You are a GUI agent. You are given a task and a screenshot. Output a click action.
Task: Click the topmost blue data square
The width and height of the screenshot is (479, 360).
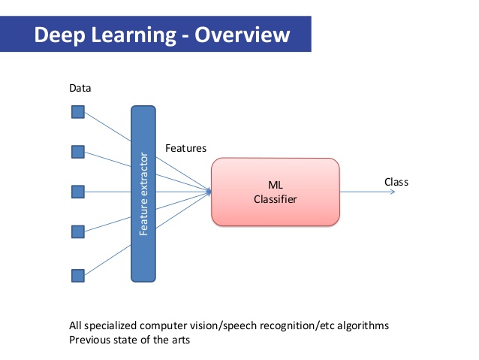77,113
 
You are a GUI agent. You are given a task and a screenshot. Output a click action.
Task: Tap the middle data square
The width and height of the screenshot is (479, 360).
77,192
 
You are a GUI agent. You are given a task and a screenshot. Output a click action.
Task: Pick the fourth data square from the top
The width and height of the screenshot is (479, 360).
77,231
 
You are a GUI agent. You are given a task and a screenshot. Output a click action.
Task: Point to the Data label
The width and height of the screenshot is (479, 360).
80,89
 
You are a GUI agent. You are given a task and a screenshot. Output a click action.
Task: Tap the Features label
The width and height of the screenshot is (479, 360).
185,149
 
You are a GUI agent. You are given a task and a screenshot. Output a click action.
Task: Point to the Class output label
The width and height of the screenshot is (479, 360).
396,182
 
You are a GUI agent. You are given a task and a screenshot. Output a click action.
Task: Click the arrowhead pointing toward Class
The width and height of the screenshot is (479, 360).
391,192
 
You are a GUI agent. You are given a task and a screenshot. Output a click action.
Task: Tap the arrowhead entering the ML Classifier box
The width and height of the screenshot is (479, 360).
208,192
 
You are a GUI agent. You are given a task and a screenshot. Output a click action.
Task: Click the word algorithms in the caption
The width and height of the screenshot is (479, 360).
365,326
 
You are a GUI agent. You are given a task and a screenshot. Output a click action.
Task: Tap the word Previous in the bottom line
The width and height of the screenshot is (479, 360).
89,339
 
